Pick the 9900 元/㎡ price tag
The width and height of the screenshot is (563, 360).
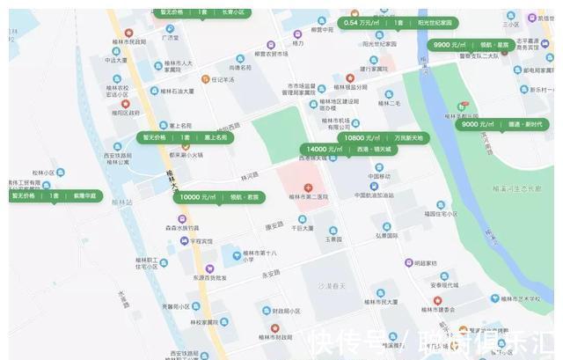472,44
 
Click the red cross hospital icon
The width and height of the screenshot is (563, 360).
308,188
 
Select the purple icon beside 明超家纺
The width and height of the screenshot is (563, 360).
409,262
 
